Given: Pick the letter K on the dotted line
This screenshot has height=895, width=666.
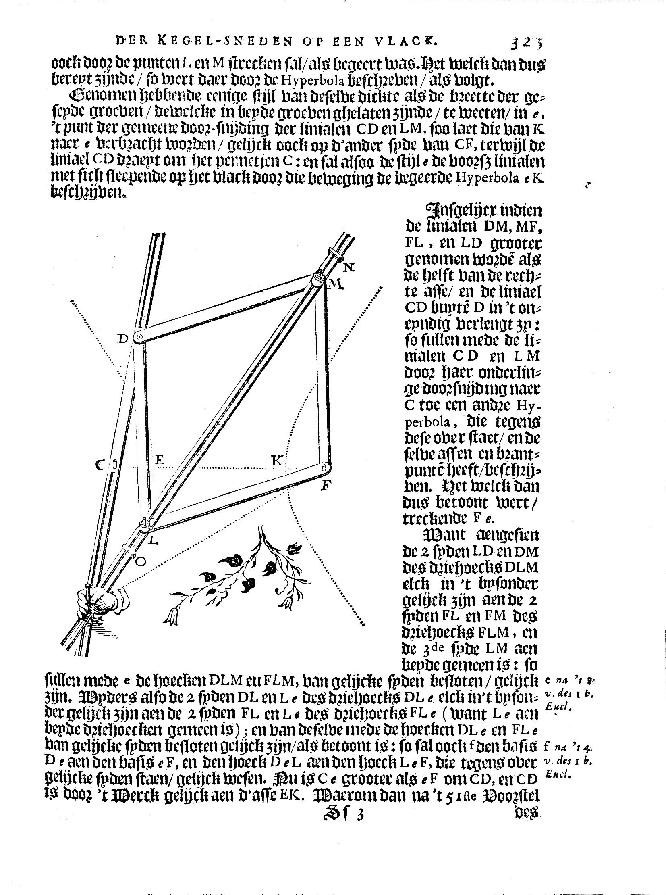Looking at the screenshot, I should [276, 461].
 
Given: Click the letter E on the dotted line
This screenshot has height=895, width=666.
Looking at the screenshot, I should [159, 460].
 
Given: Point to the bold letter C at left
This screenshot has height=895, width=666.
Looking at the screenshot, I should [100, 465].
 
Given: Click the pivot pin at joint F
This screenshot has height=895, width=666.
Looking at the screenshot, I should [325, 468].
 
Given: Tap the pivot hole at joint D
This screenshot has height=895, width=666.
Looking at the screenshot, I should [139, 336].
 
